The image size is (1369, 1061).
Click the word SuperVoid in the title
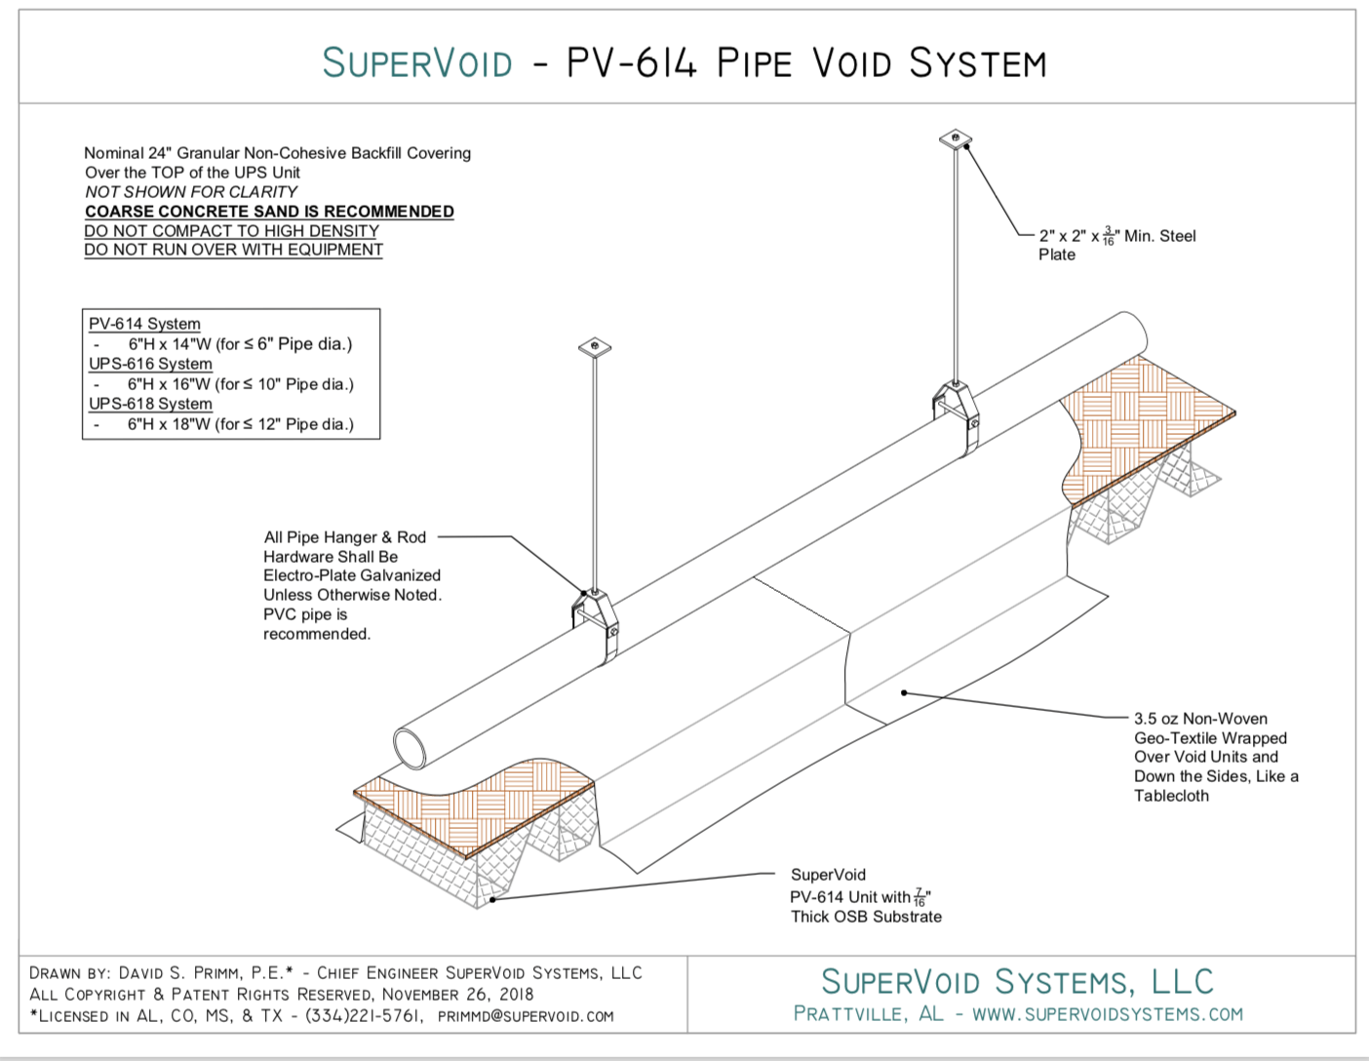[x=417, y=63]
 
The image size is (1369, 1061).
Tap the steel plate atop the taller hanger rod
[x=956, y=138]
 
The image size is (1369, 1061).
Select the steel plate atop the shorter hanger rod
[x=594, y=347]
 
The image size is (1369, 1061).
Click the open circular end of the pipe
[x=411, y=749]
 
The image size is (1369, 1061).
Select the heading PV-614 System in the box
[x=144, y=324]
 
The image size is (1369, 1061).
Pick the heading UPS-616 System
[x=150, y=364]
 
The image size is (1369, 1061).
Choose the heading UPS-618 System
[x=150, y=404]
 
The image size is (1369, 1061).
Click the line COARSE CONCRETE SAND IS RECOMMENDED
[x=269, y=212]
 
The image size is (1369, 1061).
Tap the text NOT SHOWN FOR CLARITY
[x=191, y=192]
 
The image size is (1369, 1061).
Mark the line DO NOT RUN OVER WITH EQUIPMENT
[x=233, y=250]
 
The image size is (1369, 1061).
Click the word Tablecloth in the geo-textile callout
[x=1171, y=796]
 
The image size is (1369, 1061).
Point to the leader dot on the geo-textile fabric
[x=904, y=692]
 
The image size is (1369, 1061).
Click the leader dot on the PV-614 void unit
[x=493, y=899]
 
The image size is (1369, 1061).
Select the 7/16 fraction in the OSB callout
[x=919, y=897]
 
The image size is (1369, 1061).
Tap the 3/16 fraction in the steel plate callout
[x=1108, y=236]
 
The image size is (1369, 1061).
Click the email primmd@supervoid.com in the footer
[x=526, y=1016]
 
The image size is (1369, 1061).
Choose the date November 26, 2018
[x=457, y=995]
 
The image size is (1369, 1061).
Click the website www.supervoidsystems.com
[x=1108, y=1014]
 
